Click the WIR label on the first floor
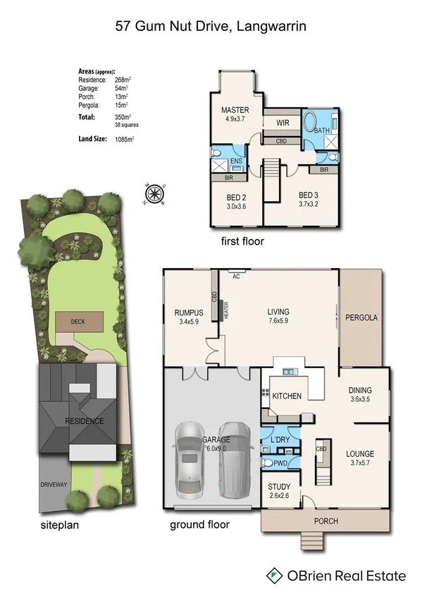[x=283, y=123]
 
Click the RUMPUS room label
[x=189, y=313]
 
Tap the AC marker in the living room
[x=236, y=276]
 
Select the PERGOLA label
[x=361, y=318]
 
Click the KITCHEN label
[x=287, y=396]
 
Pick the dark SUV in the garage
[x=232, y=458]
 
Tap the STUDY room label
[x=280, y=487]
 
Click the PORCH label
[x=325, y=521]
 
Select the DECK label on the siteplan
[x=77, y=321]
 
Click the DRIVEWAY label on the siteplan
[x=54, y=484]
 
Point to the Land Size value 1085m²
[x=125, y=140]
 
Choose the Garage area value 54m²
[x=123, y=89]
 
